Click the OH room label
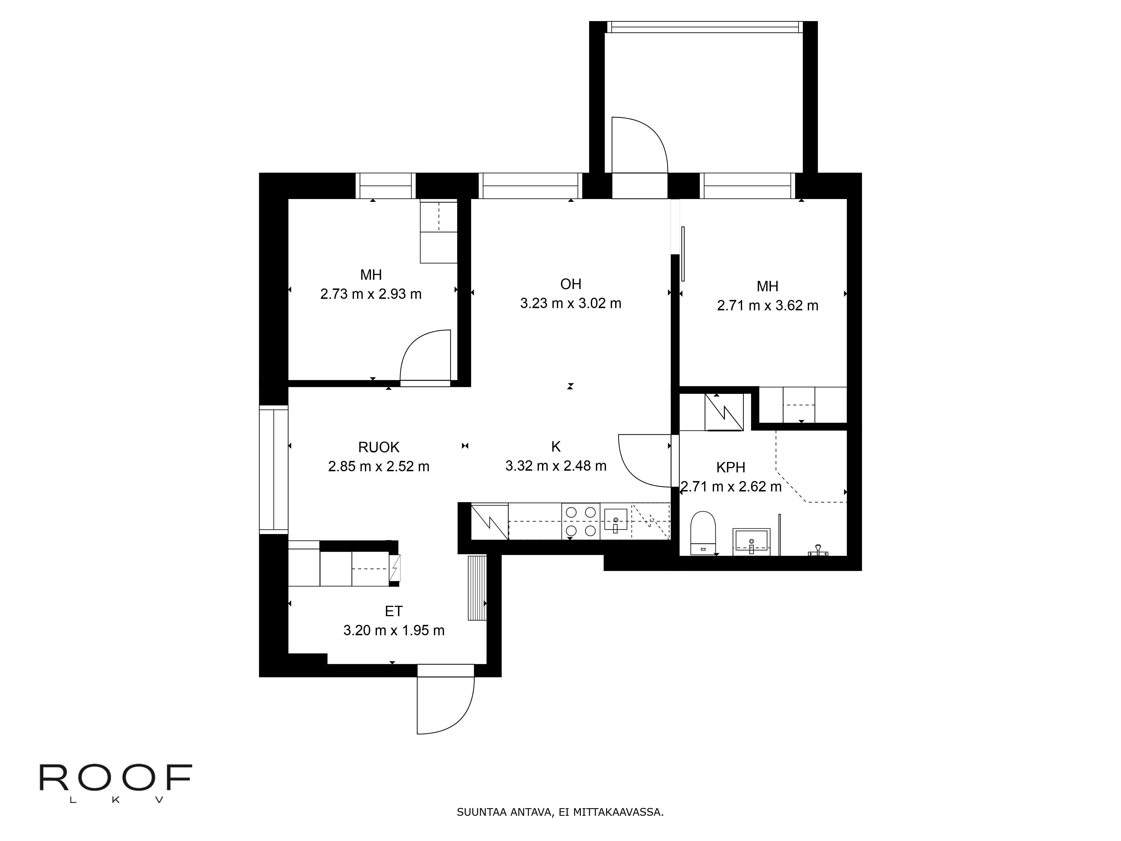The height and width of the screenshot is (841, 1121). pos(571,284)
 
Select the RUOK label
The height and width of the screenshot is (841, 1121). pos(379,447)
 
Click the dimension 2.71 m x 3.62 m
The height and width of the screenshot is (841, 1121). pos(767,306)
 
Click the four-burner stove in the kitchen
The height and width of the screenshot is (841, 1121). pos(580,521)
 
